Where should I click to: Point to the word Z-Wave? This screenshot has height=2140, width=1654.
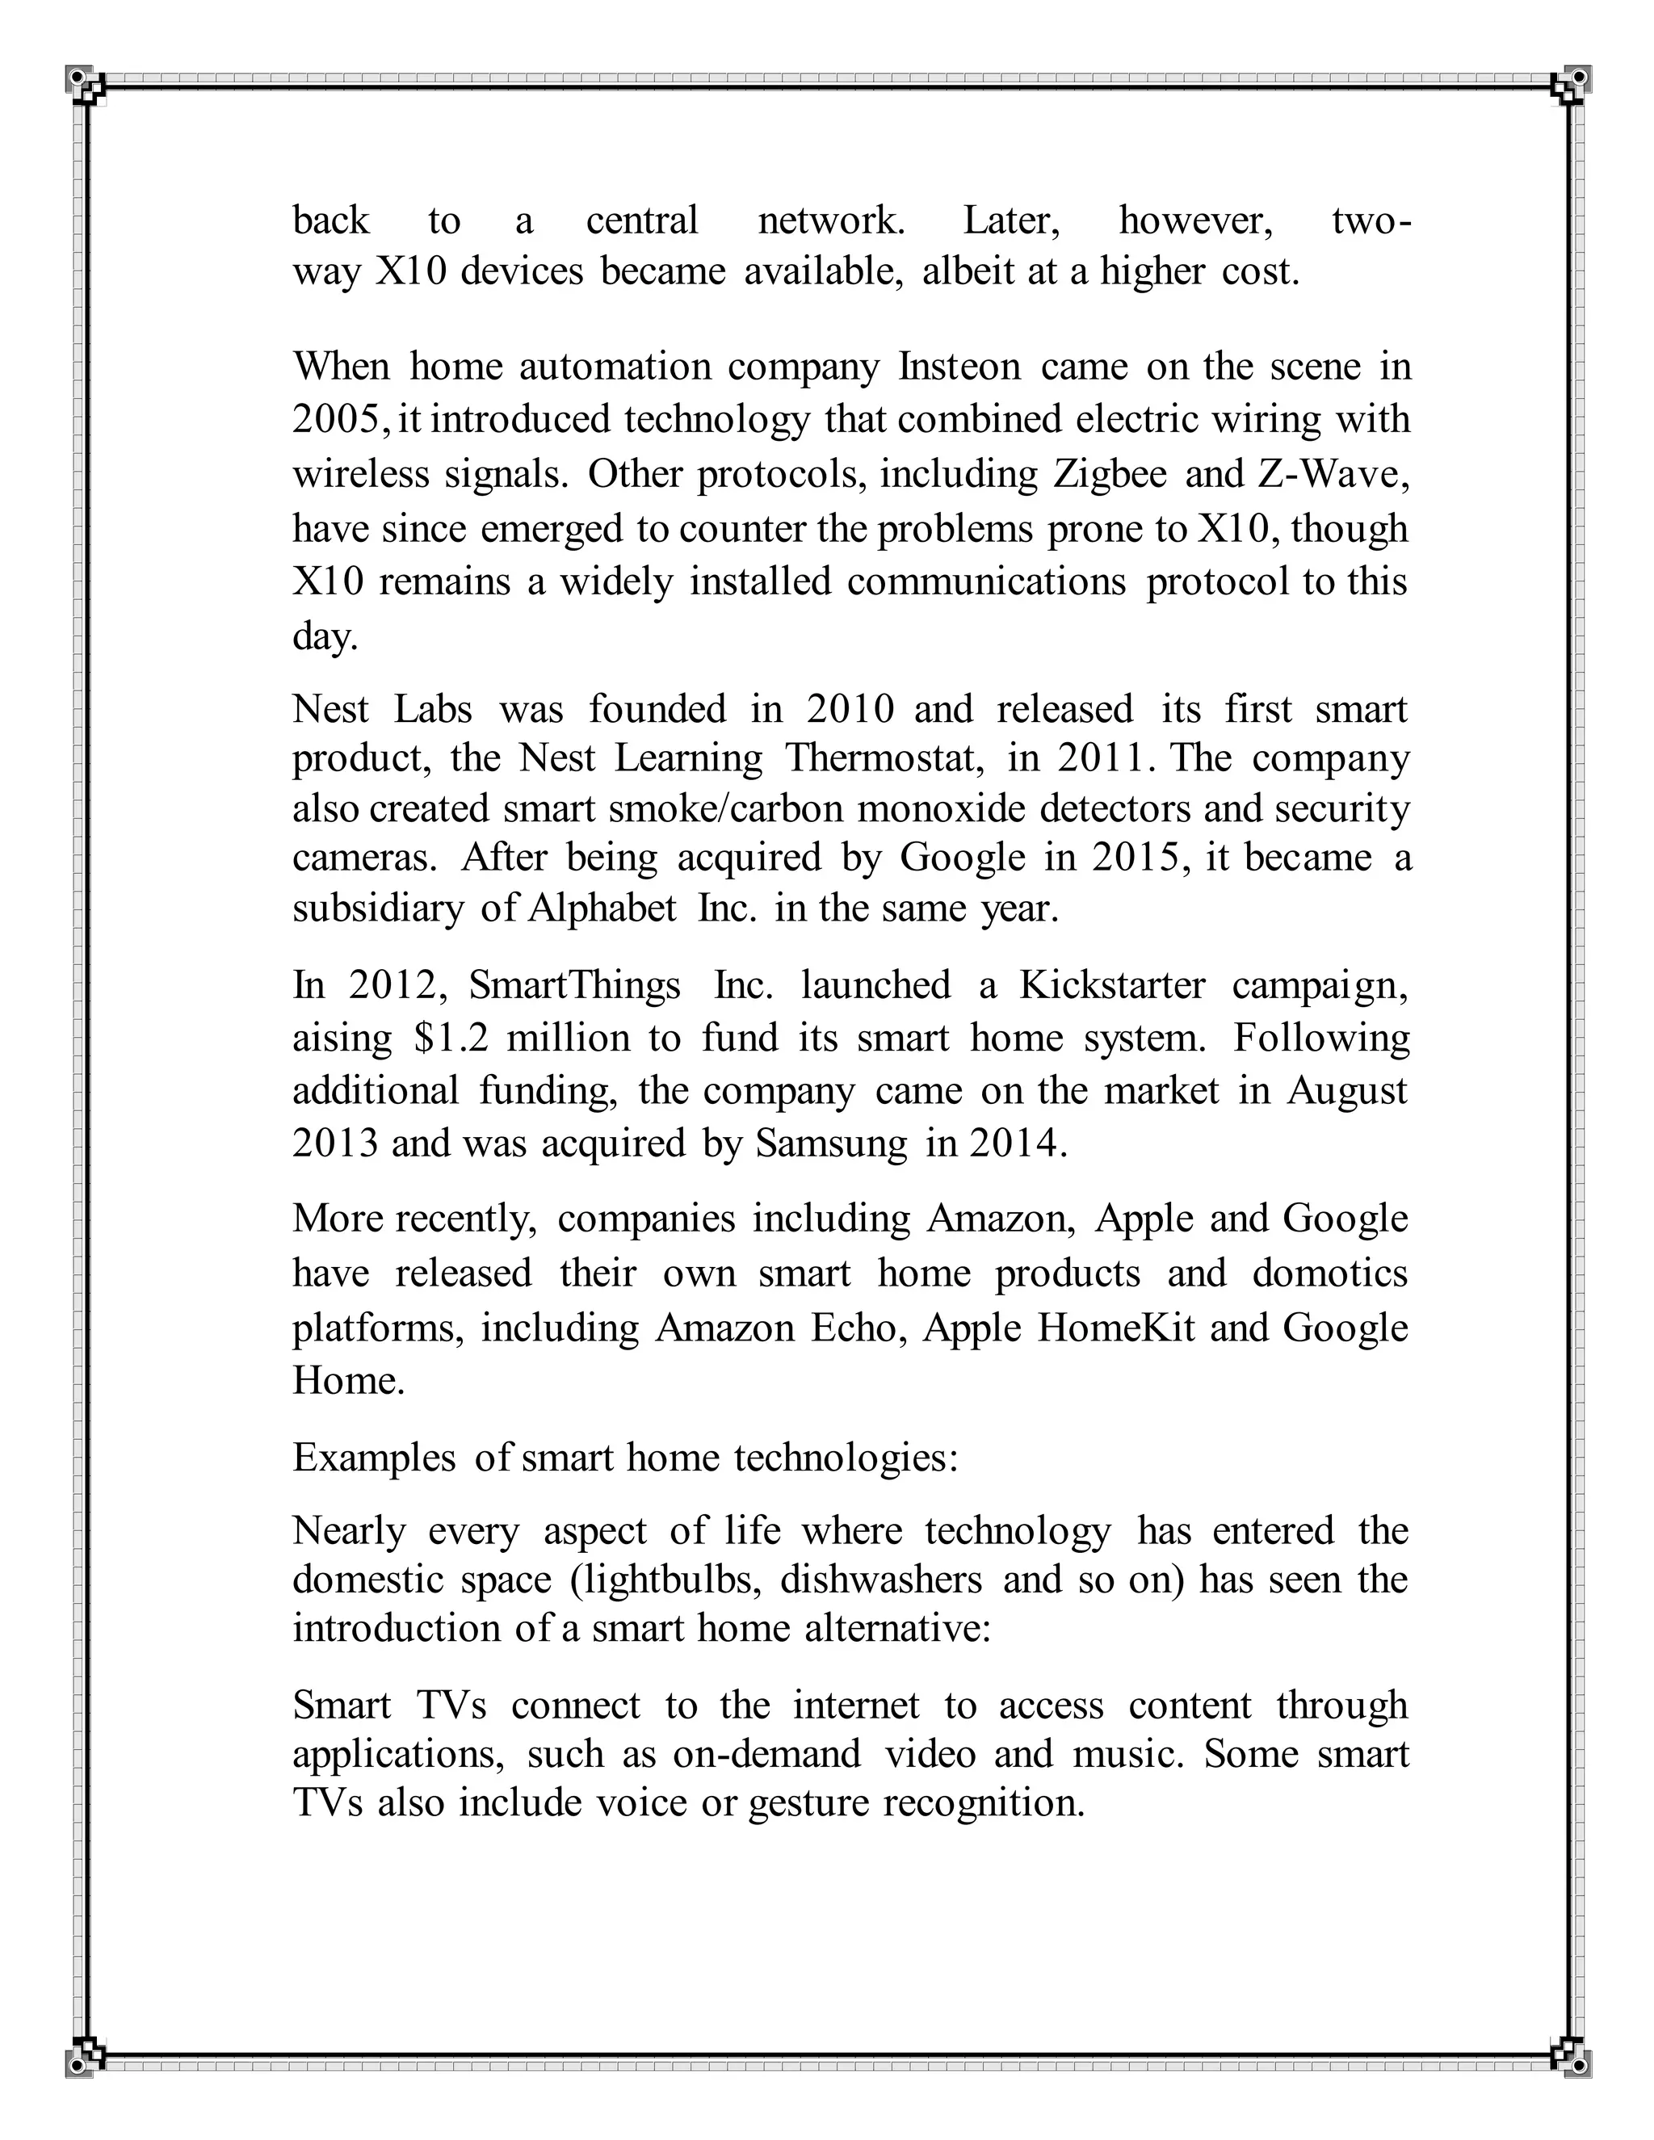tap(1332, 475)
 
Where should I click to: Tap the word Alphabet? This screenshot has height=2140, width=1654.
tap(602, 908)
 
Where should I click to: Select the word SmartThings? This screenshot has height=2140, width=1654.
tap(574, 984)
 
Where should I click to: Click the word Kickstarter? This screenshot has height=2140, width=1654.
tap(1111, 984)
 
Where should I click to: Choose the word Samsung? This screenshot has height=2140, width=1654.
tap(831, 1144)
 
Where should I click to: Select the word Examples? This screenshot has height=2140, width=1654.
tap(373, 1458)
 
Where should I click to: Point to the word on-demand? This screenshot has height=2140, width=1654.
tap(766, 1753)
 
